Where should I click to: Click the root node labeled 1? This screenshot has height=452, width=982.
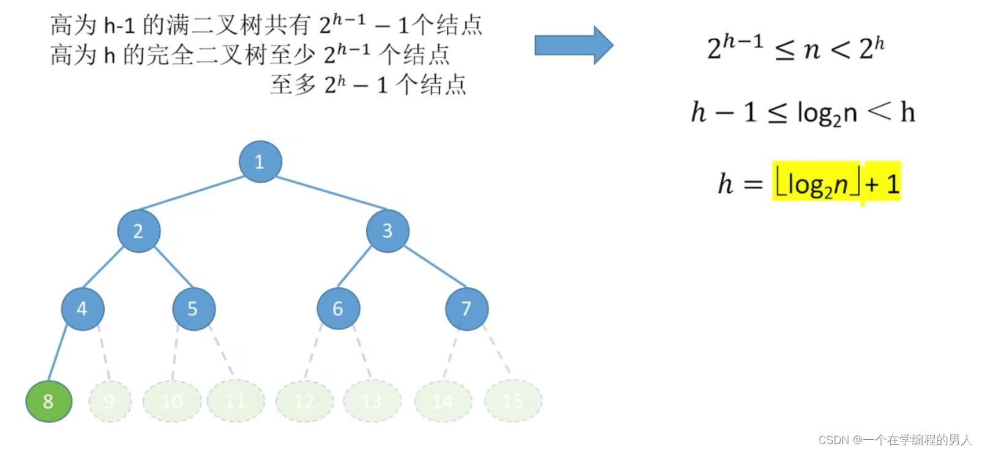260,162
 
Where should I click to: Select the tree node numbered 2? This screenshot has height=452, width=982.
138,231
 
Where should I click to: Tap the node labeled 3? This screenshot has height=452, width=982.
388,231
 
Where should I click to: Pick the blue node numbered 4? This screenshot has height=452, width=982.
83,309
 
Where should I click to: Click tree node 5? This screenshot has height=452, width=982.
193,309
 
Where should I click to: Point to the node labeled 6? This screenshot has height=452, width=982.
338,309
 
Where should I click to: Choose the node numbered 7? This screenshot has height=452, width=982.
467,309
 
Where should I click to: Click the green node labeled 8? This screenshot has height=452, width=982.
48,402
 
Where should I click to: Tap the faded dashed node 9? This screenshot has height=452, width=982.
110,401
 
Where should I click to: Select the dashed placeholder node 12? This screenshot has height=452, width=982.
304,401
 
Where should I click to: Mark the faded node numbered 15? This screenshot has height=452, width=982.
513,401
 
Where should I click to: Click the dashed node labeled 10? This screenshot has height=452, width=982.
172,401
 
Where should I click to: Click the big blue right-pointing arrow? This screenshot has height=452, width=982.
573,45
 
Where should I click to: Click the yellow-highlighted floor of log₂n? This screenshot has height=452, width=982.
818,183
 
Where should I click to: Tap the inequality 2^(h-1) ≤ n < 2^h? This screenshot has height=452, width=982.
795,47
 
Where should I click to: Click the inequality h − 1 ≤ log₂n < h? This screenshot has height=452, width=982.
803,113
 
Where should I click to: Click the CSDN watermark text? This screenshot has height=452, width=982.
894,440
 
